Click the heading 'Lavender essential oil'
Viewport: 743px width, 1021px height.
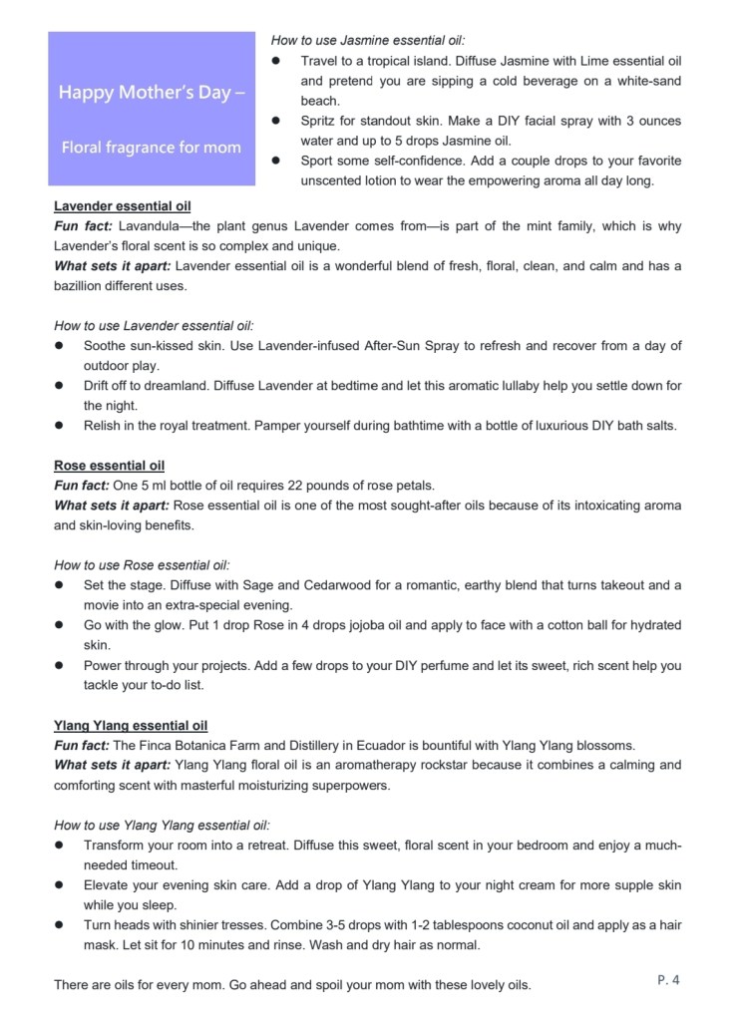click(122, 207)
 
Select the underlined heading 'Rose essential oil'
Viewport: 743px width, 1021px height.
click(109, 466)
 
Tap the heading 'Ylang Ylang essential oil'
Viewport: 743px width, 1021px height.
click(131, 726)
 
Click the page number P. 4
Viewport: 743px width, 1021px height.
click(668, 980)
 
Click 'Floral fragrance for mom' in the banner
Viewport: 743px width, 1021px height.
click(152, 148)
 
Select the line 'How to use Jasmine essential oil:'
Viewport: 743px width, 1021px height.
click(368, 41)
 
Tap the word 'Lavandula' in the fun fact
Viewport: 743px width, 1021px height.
click(147, 227)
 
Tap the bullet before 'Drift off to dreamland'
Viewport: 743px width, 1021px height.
click(60, 386)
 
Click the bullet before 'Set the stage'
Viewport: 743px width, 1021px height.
click(60, 585)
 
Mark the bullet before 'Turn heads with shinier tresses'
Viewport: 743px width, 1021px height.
click(60, 925)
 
